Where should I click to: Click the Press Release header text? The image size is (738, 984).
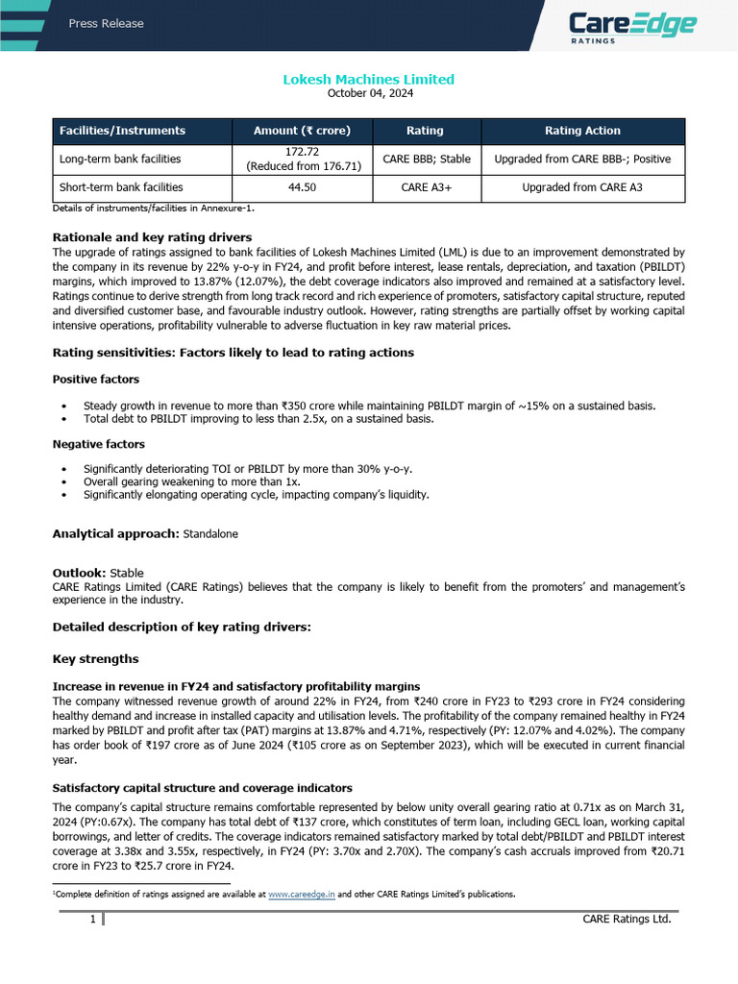coord(106,24)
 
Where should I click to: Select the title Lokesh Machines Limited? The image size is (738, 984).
coord(368,79)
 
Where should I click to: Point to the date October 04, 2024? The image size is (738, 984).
coord(368,93)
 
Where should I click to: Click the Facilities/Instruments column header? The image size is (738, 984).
coord(122,131)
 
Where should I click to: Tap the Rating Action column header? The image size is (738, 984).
coord(582,131)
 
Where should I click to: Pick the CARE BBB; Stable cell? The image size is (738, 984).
coord(425,159)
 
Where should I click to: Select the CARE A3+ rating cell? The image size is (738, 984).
coord(425,187)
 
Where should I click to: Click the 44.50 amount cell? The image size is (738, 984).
coord(303,187)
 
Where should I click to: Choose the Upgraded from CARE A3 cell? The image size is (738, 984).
coord(582,187)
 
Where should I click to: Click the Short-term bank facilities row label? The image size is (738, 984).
coord(121,187)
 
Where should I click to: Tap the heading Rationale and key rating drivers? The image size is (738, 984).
coord(152,236)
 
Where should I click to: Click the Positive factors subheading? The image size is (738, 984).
coord(95,380)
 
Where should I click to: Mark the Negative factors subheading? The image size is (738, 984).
coord(98,444)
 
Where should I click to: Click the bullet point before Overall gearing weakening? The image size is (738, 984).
coord(63,481)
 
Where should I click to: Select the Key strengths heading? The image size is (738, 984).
coord(95,659)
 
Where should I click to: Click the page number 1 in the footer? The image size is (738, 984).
coord(92,920)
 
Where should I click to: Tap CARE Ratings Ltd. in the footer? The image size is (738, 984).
coord(627,920)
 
